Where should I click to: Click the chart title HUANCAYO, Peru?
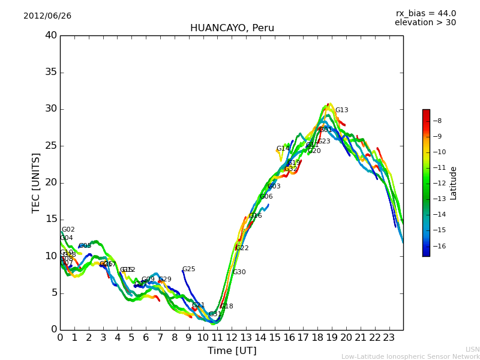pyautogui.click(x=232, y=28)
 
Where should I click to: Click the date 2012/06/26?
pyautogui.click(x=47, y=16)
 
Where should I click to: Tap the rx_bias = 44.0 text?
pyautogui.click(x=425, y=13)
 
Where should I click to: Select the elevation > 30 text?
pyautogui.click(x=425, y=23)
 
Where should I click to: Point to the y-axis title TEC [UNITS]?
pyautogui.click(x=36, y=182)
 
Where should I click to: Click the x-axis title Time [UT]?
pyautogui.click(x=232, y=350)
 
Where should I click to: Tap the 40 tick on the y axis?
pyautogui.click(x=50, y=35)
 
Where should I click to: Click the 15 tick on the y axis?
pyautogui.click(x=50, y=219)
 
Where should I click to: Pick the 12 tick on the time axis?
pyautogui.click(x=232, y=337)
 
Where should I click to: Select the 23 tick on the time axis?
pyautogui.click(x=389, y=337)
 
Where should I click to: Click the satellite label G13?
pyautogui.click(x=341, y=110)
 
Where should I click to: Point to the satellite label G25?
pyautogui.click(x=188, y=269)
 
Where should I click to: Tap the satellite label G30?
pyautogui.click(x=239, y=272)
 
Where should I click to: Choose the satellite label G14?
pyautogui.click(x=283, y=149)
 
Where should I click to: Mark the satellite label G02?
pyautogui.click(x=68, y=230)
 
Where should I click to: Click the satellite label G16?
pyautogui.click(x=255, y=216)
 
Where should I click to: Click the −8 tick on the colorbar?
pyautogui.click(x=437, y=121)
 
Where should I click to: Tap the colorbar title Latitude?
pyautogui.click(x=454, y=183)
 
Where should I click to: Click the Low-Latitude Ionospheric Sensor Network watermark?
pyautogui.click(x=410, y=357)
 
